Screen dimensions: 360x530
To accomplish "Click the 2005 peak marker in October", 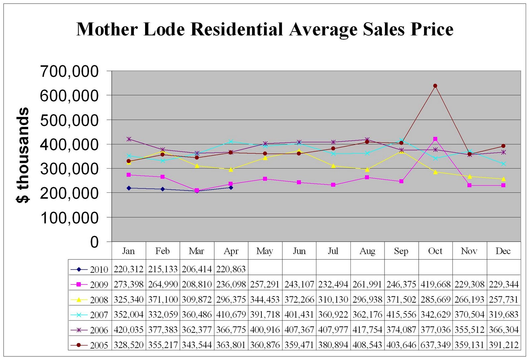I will [x=435, y=86].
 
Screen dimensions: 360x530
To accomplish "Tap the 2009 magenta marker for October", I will [x=435, y=139].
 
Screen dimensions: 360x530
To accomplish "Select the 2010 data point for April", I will [x=231, y=187].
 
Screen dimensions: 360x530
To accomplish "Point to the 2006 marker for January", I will [x=129, y=139].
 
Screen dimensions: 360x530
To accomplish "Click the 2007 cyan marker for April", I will [x=231, y=142].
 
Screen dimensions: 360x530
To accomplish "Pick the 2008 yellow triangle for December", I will [x=503, y=179].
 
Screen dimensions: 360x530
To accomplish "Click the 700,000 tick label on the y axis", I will [x=69, y=71].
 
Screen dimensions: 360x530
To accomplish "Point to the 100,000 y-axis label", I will [x=69, y=218].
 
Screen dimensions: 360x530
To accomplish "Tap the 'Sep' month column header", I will [x=401, y=251].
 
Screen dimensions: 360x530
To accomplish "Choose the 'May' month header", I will [x=265, y=251].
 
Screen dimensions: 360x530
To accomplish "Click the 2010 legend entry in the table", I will [x=89, y=269].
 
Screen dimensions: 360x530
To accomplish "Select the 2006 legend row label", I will [x=89, y=330].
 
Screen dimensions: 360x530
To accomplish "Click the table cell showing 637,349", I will [x=435, y=345].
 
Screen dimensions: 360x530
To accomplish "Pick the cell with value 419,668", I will [x=435, y=284].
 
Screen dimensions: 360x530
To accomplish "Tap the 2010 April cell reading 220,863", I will [x=231, y=269].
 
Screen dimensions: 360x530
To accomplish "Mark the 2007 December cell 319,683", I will [x=503, y=315].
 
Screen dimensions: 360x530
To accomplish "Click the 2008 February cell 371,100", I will [x=163, y=299].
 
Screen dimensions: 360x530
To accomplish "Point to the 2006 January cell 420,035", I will [x=129, y=330].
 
